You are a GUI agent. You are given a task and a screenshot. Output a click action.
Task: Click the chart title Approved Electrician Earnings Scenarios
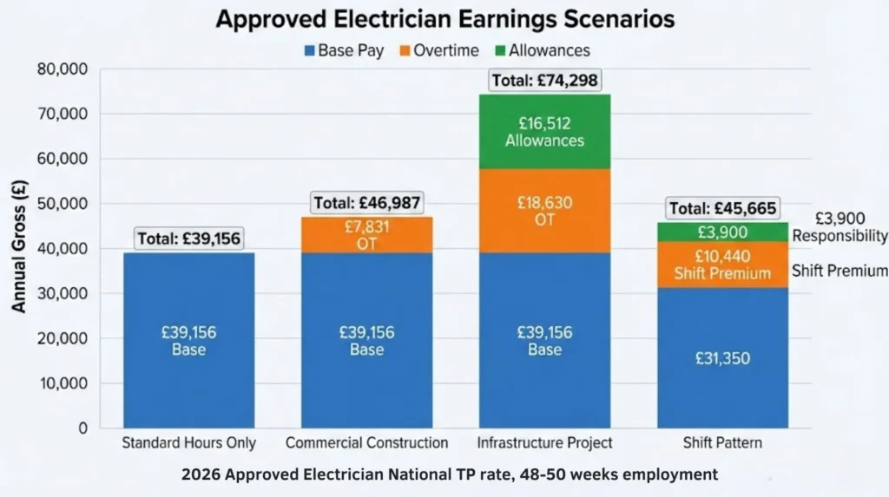click(x=444, y=19)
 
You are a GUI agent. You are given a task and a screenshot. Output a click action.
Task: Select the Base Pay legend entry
click(x=343, y=50)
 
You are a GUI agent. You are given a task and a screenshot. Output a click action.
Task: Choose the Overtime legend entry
click(x=438, y=50)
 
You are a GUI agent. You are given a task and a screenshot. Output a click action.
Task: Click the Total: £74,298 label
click(x=544, y=81)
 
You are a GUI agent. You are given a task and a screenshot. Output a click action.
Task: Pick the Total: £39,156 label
click(x=188, y=239)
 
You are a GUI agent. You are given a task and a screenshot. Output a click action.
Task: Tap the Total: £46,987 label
click(x=366, y=203)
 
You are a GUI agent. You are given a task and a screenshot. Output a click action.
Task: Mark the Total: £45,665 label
click(x=722, y=208)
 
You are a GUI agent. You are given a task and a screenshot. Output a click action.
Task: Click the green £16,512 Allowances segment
click(x=544, y=131)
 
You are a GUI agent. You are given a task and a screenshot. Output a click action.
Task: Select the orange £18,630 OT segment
click(x=544, y=212)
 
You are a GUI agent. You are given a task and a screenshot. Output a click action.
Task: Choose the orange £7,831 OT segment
click(x=366, y=234)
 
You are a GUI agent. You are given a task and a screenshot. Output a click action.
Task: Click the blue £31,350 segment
click(x=722, y=357)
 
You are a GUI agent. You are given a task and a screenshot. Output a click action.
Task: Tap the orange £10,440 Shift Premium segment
click(x=722, y=264)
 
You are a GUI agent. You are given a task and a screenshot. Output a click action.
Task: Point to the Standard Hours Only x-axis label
click(x=188, y=443)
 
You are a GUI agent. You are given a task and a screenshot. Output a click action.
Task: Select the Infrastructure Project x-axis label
click(x=544, y=443)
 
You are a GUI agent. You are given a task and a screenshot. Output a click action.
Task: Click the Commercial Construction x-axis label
click(x=366, y=443)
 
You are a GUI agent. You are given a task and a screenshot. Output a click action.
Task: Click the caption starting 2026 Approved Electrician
click(x=450, y=474)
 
